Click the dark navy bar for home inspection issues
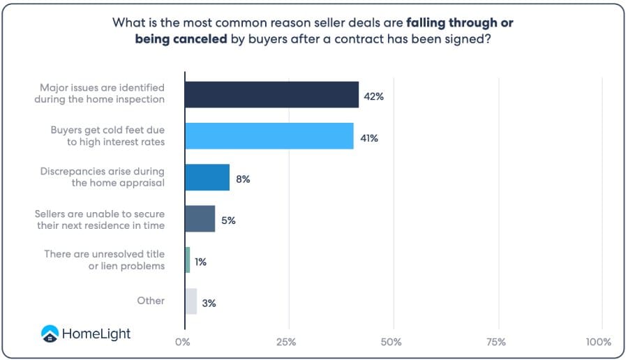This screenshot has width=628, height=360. tap(271, 94)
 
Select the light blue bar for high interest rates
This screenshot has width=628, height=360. tap(269, 135)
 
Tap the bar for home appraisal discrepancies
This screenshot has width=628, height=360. tap(207, 177)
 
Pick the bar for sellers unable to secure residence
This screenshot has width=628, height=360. tap(200, 218)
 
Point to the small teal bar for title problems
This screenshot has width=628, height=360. tap(188, 260)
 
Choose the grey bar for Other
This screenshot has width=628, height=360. tap(191, 301)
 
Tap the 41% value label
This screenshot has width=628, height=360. tap(368, 138)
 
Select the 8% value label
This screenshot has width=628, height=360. tap(243, 179)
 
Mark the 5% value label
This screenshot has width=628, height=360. tap(229, 220)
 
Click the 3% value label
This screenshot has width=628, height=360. tap(209, 303)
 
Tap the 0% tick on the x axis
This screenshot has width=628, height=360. tap(183, 342)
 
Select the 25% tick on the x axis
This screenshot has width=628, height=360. tap(286, 342)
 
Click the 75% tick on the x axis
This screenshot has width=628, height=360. tap(497, 342)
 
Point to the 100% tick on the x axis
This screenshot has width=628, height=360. tap(599, 342)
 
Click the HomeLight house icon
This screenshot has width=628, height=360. tap(50, 333)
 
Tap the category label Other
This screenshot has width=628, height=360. tap(151, 301)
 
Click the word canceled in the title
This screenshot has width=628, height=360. tap(202, 39)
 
